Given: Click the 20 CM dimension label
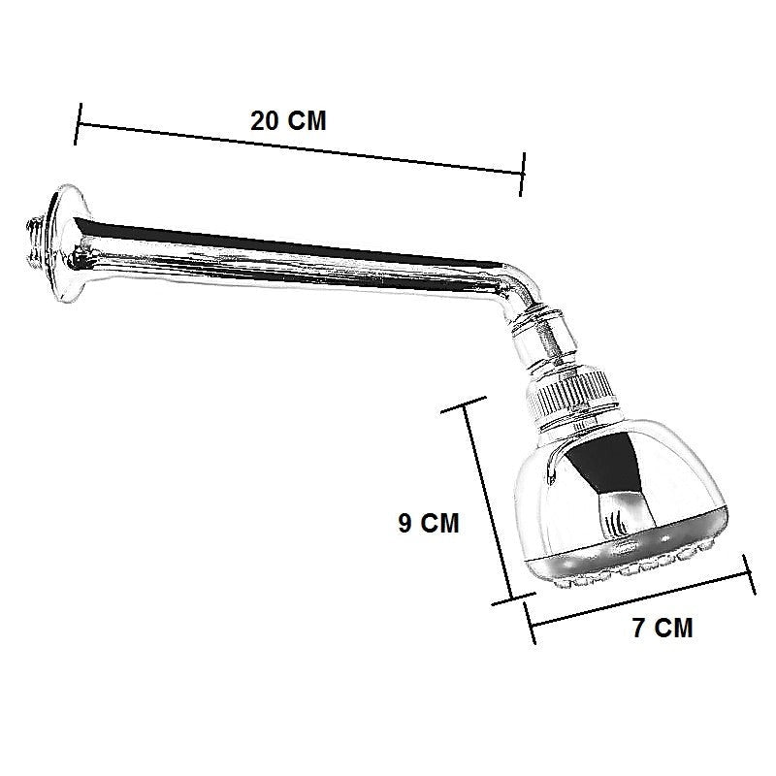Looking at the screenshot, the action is tap(288, 121).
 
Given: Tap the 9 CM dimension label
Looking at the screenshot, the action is tap(429, 523).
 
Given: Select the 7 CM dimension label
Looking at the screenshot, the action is tap(663, 628).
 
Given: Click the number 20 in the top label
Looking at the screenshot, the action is tap(265, 121).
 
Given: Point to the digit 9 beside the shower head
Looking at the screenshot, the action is tap(404, 523).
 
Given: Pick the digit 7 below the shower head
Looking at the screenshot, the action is tap(639, 628).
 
